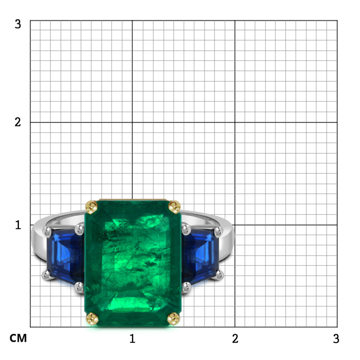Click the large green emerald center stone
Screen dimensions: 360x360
(133, 263)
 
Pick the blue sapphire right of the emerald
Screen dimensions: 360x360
(200, 256)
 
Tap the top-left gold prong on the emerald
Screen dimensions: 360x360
(91, 207)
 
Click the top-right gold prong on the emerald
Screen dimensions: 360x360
(174, 207)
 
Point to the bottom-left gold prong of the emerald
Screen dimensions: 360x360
(92, 319)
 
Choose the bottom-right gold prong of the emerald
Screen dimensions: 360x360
(174, 319)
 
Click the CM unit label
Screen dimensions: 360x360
(18, 338)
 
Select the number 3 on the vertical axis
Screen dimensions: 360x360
(18, 24)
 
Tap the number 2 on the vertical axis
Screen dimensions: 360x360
(18, 122)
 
